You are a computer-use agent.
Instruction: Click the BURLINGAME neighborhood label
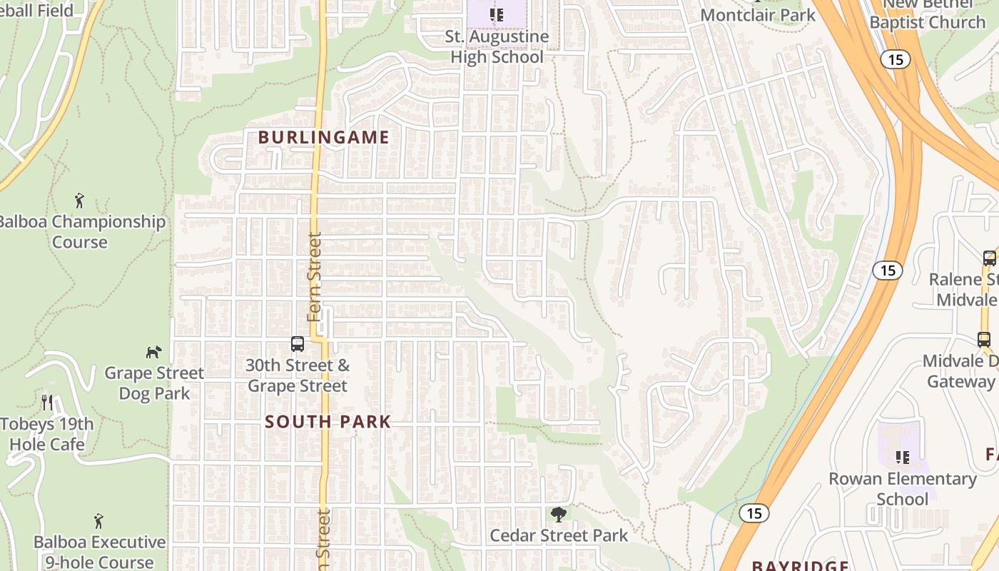click(323, 138)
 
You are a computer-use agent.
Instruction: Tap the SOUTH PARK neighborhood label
click(328, 422)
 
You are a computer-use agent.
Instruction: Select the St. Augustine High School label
click(497, 46)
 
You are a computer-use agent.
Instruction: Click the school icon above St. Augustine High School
click(497, 14)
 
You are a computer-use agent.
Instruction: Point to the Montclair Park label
click(758, 15)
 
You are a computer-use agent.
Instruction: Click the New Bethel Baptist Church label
click(927, 14)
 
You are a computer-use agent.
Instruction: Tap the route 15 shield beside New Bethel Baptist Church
click(896, 59)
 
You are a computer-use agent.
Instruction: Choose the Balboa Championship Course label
click(80, 231)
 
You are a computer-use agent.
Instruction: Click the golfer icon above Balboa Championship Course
click(79, 201)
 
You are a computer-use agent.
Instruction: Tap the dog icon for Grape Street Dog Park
click(153, 351)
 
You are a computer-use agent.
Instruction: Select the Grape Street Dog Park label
click(154, 383)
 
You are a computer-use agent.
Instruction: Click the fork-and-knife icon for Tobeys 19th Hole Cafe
click(47, 402)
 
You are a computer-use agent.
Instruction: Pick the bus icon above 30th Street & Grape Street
click(298, 344)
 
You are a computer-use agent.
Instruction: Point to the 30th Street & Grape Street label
click(298, 376)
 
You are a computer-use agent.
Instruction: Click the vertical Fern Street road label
click(315, 277)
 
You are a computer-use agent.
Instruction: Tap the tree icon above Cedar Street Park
click(559, 514)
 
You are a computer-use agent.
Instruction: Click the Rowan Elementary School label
click(902, 488)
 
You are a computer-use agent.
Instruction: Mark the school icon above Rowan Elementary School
click(903, 457)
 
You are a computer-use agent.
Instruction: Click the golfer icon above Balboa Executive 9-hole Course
click(98, 521)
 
